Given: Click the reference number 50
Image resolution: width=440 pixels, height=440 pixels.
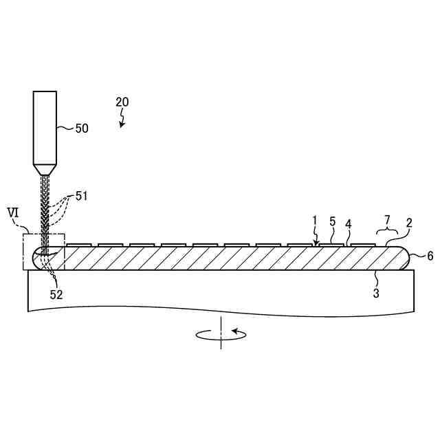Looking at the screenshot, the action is coord(81,128).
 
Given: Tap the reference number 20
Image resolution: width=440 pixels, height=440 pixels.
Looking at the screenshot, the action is coord(122,102).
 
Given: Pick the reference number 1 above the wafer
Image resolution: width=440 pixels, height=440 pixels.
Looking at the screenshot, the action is coord(315,220).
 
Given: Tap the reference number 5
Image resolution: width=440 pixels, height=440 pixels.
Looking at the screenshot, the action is coord(332,221).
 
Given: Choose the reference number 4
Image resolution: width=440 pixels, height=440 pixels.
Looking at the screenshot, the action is coord(348,224).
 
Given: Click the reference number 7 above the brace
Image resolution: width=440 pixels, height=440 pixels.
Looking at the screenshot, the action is coord(387,219).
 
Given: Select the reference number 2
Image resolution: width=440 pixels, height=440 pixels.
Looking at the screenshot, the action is coord(408,223).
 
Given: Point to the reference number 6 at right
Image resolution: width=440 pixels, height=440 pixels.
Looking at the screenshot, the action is coord(430,256).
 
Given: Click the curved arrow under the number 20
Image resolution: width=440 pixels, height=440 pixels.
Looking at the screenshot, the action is coord(122,122).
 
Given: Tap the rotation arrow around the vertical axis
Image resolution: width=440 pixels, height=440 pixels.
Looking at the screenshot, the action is coord(221,335).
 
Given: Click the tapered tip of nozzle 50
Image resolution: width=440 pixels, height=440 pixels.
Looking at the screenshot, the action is coord(45,168).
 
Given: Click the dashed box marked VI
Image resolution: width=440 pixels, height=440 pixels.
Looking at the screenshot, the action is coord(43,252).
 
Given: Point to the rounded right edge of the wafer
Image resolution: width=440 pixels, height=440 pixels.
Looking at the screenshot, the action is coord(407,258).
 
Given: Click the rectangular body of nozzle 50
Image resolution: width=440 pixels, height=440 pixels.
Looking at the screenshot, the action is coord(45,126).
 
